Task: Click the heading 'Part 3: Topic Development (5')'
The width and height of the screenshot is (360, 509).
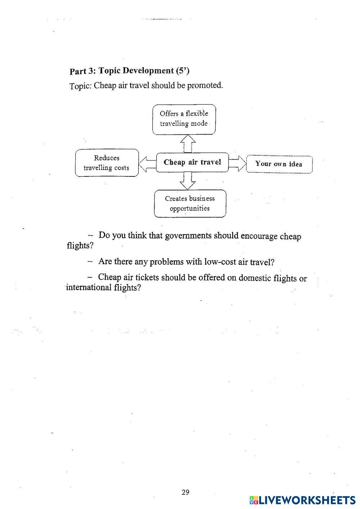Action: point(129,71)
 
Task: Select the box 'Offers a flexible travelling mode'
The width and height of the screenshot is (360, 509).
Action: point(184,119)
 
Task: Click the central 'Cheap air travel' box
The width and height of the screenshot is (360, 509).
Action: point(192,162)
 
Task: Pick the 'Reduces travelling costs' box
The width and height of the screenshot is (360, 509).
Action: point(107,163)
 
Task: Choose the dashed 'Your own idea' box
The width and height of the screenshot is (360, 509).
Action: point(279,164)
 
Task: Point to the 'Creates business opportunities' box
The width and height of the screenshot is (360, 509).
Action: point(190,203)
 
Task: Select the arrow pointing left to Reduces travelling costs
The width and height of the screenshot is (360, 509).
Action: point(147,164)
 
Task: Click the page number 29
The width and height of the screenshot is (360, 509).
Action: point(185,492)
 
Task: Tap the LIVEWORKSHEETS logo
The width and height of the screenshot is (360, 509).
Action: point(302,500)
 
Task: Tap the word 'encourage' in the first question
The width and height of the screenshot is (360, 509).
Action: point(259,236)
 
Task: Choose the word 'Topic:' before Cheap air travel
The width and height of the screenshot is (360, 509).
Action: point(80,86)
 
